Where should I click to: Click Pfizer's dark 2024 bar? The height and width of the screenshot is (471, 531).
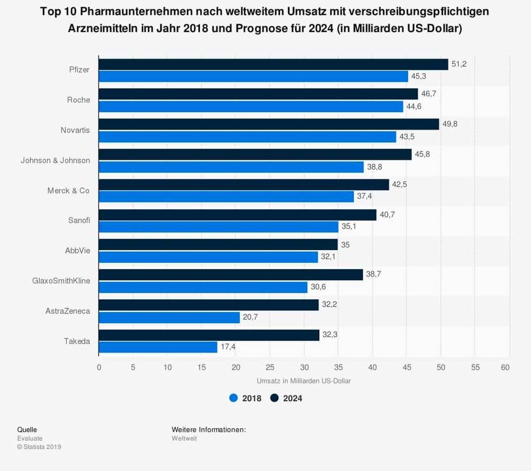[x=273, y=64]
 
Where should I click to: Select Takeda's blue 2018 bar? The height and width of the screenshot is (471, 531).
[x=158, y=347]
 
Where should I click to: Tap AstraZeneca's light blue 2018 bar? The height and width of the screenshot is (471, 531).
[x=169, y=317]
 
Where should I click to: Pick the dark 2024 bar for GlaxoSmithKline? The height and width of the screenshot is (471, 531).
[x=231, y=275]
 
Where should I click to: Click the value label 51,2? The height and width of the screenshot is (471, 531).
[x=459, y=64]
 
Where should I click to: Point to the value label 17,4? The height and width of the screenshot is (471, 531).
[x=228, y=347]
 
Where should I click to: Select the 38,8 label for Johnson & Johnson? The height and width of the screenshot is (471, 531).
[x=374, y=167]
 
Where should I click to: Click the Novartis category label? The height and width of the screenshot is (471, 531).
[x=75, y=130]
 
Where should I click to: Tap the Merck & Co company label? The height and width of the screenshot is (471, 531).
[x=69, y=191]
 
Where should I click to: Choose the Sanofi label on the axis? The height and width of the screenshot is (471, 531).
[x=79, y=220]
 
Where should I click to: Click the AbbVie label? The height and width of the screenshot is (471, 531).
[x=77, y=251]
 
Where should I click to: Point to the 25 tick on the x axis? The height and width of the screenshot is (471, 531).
[x=270, y=367]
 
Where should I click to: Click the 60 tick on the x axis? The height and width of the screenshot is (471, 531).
[x=505, y=367]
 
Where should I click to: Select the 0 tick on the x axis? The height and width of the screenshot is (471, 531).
[x=99, y=367]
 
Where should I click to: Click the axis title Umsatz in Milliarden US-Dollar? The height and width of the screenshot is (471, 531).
[x=304, y=381]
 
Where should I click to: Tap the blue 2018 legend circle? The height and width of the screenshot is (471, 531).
[x=234, y=398]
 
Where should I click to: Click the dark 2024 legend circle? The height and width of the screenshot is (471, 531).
[x=274, y=398]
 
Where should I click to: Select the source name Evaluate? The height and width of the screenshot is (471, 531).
[x=30, y=438]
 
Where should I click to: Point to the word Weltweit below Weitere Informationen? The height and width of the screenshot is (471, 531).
[x=184, y=438]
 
